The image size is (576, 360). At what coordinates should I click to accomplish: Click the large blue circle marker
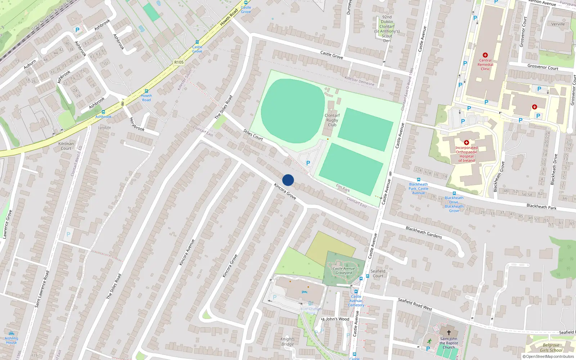[x=288, y=180]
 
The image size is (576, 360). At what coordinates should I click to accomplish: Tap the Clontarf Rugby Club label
[x=332, y=120]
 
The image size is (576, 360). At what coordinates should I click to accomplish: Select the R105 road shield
[x=179, y=62]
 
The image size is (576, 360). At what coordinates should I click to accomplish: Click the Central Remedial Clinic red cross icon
[x=485, y=55]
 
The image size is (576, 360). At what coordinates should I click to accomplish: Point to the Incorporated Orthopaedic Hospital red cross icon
[x=467, y=143]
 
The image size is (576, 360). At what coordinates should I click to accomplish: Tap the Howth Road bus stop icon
[x=146, y=91]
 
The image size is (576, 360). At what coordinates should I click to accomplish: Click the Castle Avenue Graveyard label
[x=343, y=271]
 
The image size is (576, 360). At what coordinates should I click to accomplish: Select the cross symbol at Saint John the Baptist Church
[x=449, y=332]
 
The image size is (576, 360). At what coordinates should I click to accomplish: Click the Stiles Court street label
[x=253, y=135]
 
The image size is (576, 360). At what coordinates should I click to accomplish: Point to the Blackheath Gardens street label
[x=424, y=232]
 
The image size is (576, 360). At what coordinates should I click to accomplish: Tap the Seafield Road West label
[x=415, y=304]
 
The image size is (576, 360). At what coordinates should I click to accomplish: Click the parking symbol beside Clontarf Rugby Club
[x=308, y=163]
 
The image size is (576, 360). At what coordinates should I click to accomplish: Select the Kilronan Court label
[x=66, y=146]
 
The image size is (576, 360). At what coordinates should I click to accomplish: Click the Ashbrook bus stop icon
[x=103, y=112]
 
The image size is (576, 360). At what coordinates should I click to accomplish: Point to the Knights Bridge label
[x=287, y=342]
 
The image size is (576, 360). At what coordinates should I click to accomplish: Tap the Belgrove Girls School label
[x=551, y=348]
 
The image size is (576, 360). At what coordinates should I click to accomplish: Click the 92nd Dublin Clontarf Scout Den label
[x=387, y=29]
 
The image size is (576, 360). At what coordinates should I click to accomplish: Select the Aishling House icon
[x=12, y=333]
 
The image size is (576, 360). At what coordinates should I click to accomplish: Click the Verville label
[x=558, y=24]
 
